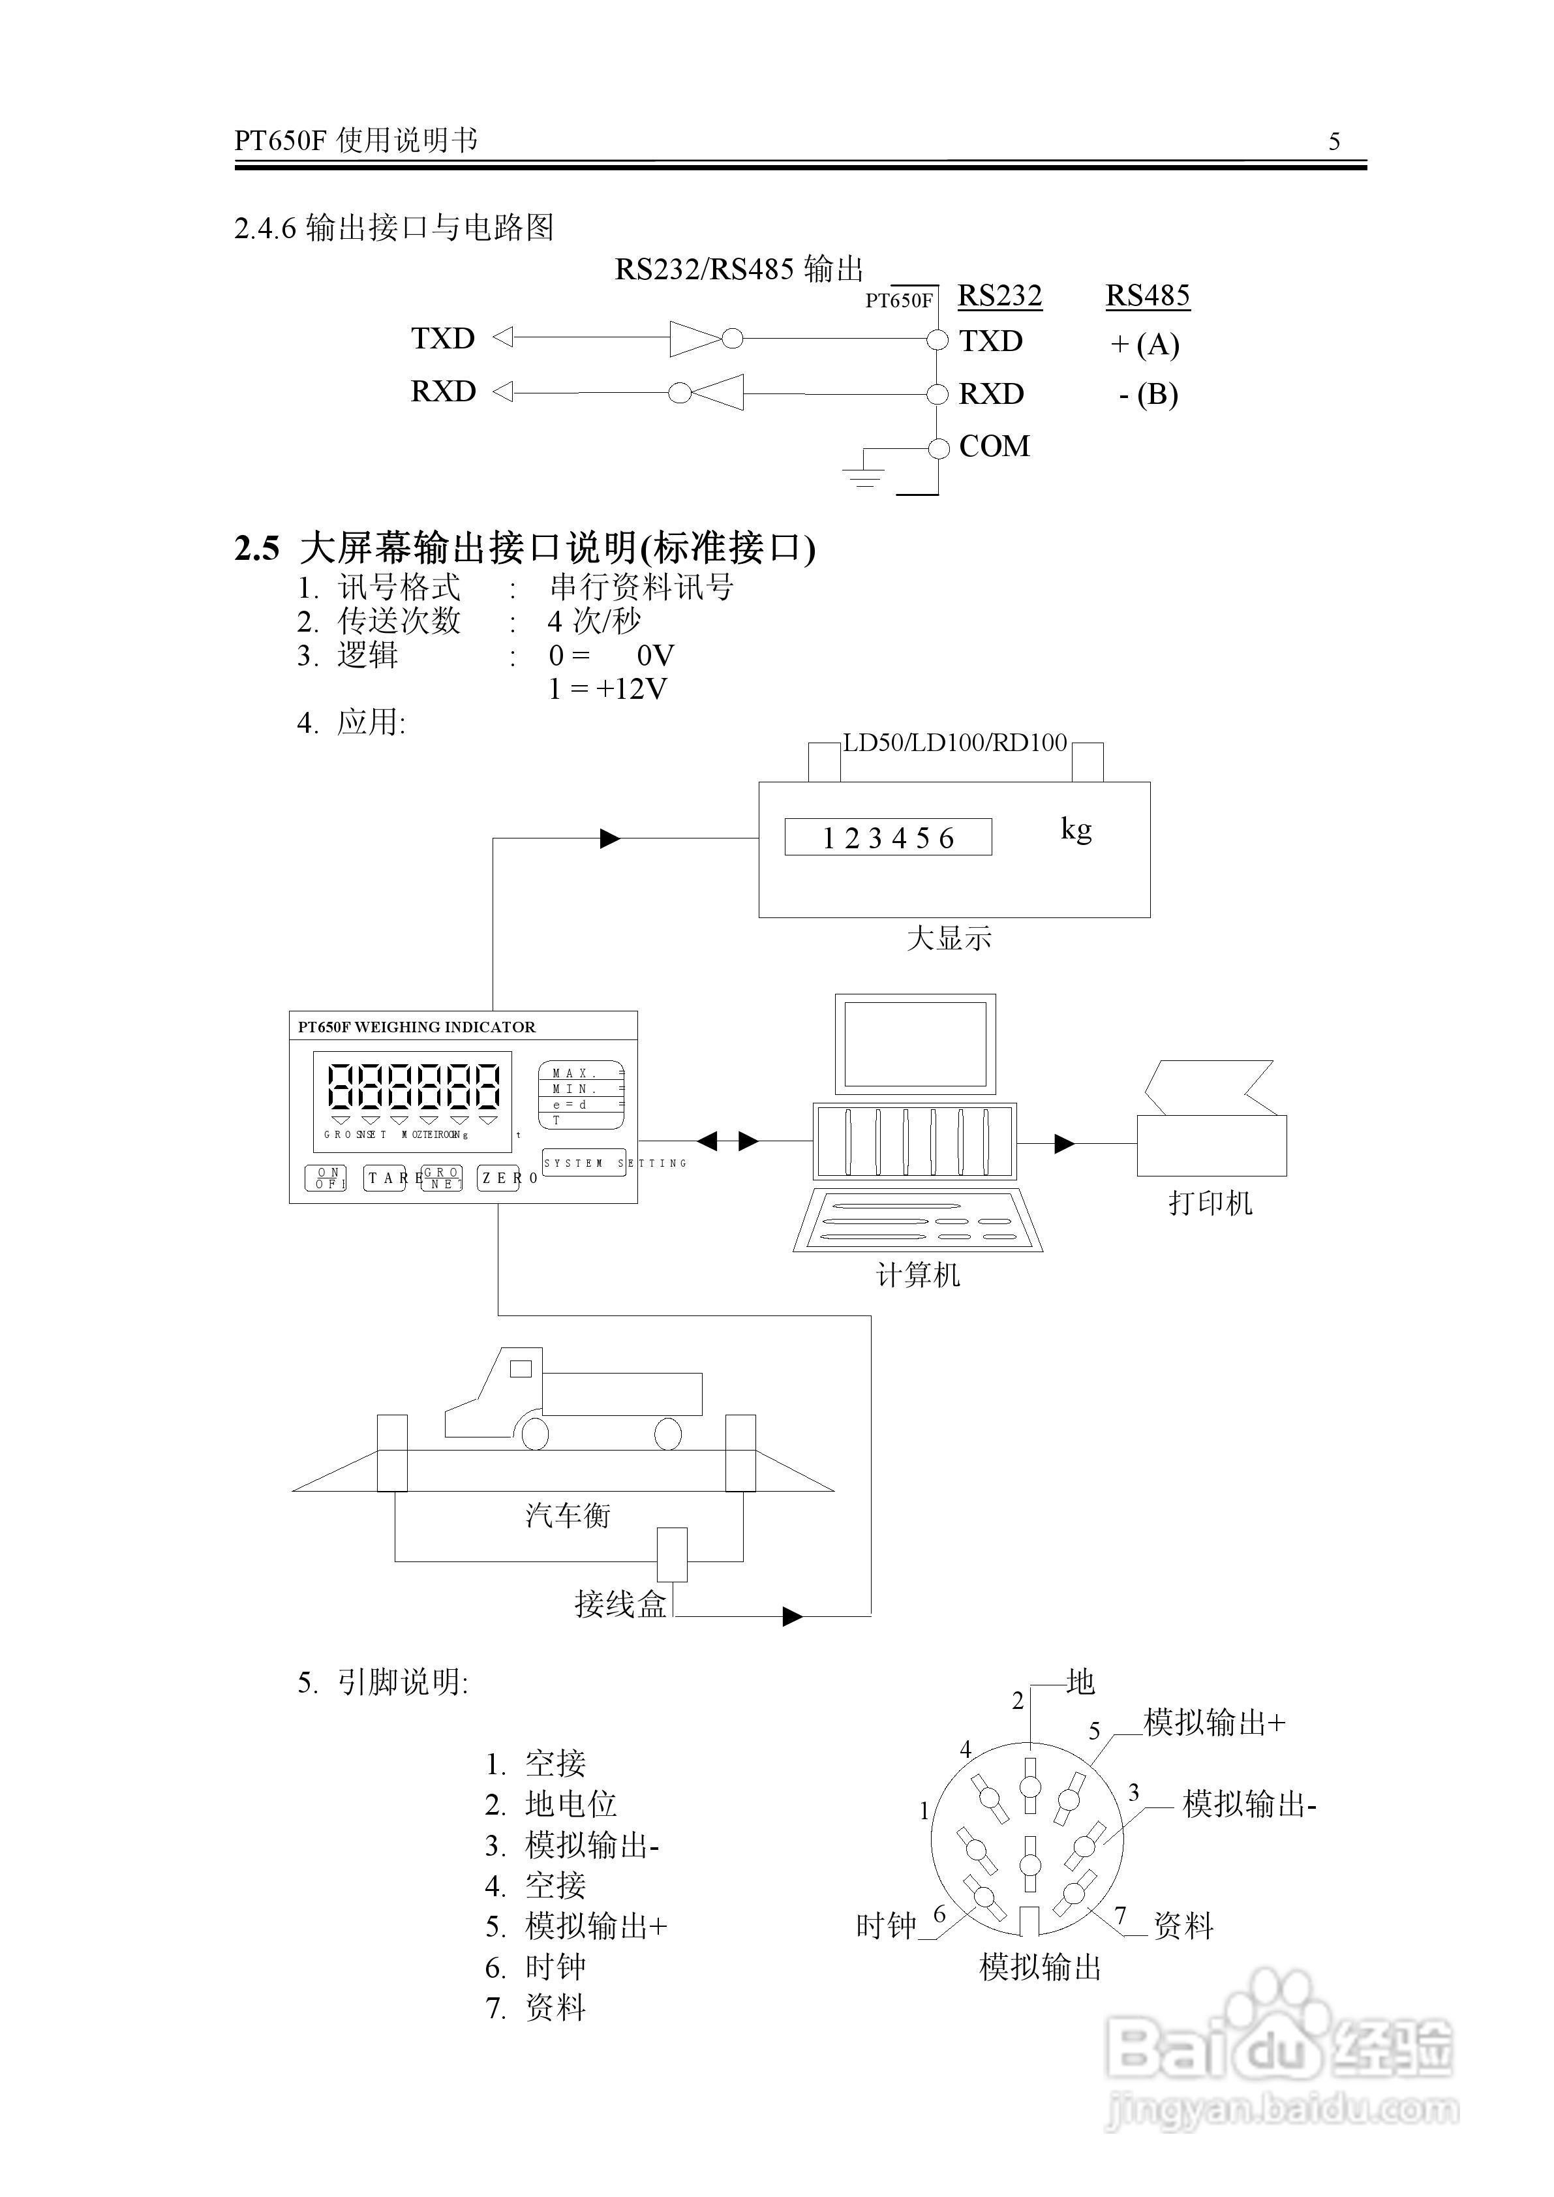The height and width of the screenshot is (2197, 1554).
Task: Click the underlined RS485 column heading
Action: [x=1148, y=296]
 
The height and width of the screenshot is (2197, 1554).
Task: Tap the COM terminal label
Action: [x=994, y=446]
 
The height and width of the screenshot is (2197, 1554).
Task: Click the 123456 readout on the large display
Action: [x=888, y=838]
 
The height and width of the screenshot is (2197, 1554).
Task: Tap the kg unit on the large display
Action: [x=1076, y=829]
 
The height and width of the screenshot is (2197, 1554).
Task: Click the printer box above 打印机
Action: [x=1211, y=1145]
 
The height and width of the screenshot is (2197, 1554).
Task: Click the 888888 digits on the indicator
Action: [x=414, y=1087]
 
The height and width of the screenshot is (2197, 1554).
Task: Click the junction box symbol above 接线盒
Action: [x=672, y=1554]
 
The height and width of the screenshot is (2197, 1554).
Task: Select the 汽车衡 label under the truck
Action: [x=568, y=1514]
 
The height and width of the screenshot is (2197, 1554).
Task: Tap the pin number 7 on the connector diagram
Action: [x=1121, y=1916]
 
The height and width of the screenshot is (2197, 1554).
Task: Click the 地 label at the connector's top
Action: [x=1080, y=1682]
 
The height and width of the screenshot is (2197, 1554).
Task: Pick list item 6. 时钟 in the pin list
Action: [x=536, y=1967]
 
